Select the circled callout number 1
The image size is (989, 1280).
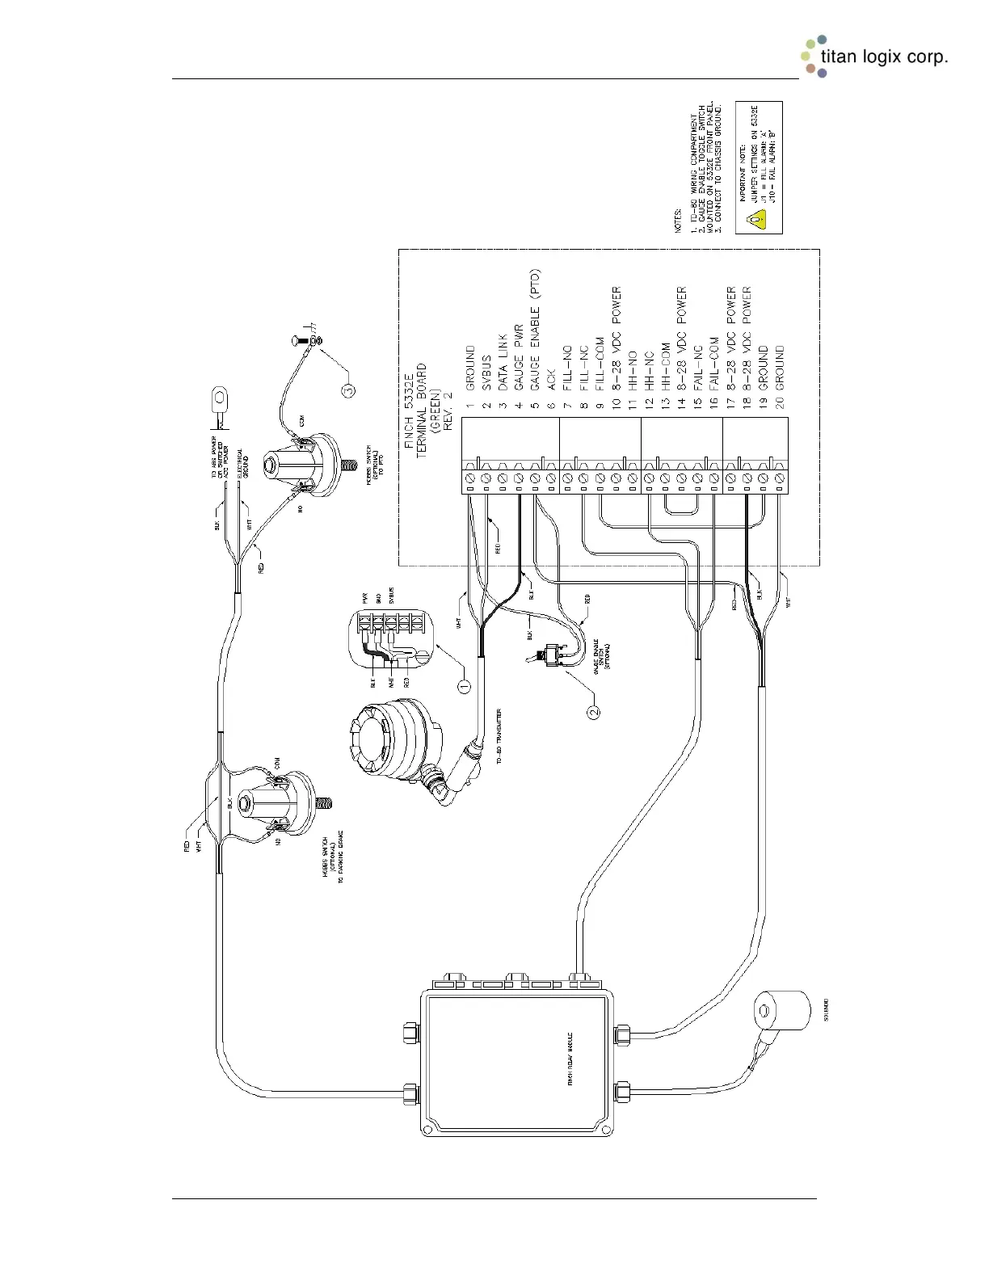coord(465,686)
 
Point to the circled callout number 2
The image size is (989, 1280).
coord(594,711)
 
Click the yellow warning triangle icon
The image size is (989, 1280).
coord(755,218)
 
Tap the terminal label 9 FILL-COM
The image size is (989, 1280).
coord(600,364)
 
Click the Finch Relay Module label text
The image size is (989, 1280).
coord(570,1059)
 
